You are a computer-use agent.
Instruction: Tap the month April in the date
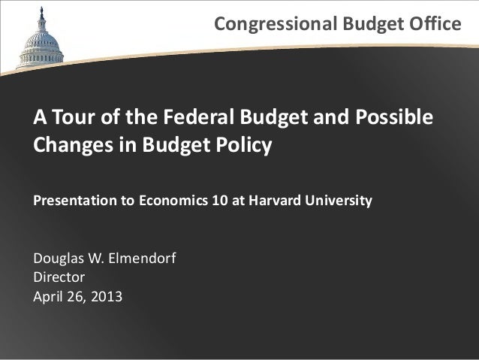pos(47,296)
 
